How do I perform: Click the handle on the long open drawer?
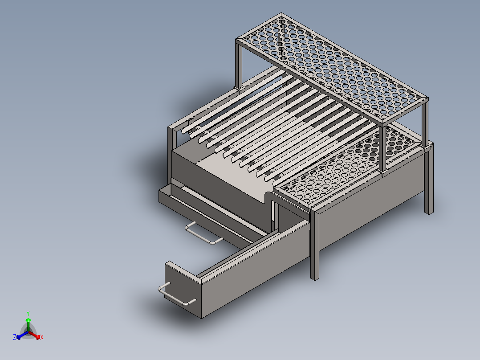(177, 296)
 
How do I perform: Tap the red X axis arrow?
(37, 336)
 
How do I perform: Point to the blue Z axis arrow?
(19, 336)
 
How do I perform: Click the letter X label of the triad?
(42, 338)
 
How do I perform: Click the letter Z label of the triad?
(15, 338)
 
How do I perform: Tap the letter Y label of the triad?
(28, 313)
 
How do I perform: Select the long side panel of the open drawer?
(254, 276)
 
